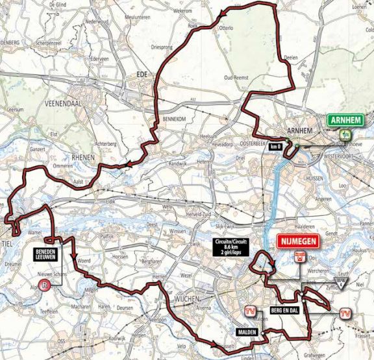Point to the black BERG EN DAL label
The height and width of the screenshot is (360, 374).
pyautogui.click(x=282, y=311)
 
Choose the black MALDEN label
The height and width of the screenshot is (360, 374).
pyautogui.click(x=245, y=331)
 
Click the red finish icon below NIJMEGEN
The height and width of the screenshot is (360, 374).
pyautogui.click(x=299, y=256)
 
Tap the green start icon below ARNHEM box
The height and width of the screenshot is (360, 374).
pyautogui.click(x=342, y=134)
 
